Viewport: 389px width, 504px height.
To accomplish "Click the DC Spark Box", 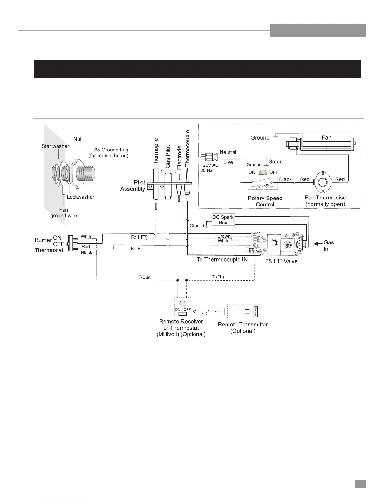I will [x=223, y=220].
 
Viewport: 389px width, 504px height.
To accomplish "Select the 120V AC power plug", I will [x=208, y=157].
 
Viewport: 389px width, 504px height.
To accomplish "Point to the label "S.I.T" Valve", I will [x=281, y=261].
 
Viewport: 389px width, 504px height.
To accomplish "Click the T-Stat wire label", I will [x=144, y=277].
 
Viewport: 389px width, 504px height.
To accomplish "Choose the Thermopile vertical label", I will [x=156, y=152].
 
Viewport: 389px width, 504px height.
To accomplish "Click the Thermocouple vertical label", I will [x=187, y=148].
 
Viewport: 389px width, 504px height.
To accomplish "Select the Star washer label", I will [x=55, y=146].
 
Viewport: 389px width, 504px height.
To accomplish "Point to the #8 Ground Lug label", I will [x=111, y=150].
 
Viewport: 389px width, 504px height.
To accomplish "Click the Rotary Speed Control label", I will [x=265, y=201].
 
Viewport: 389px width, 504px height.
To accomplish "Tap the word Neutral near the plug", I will [x=228, y=152].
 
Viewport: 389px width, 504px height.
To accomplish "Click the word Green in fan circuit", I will [x=275, y=161].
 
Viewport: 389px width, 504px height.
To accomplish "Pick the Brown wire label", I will [x=224, y=236].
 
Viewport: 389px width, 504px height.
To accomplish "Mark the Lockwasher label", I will [x=80, y=197].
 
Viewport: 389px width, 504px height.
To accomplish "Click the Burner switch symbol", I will [x=72, y=244].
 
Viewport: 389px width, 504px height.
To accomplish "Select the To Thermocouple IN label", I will [x=222, y=259].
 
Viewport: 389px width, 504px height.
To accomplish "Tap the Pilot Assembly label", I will [x=133, y=185].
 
